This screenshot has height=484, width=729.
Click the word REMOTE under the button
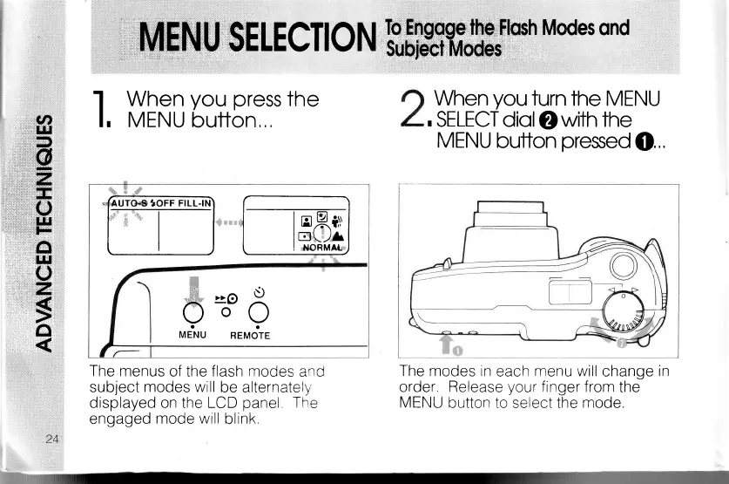pyautogui.click(x=250, y=336)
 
